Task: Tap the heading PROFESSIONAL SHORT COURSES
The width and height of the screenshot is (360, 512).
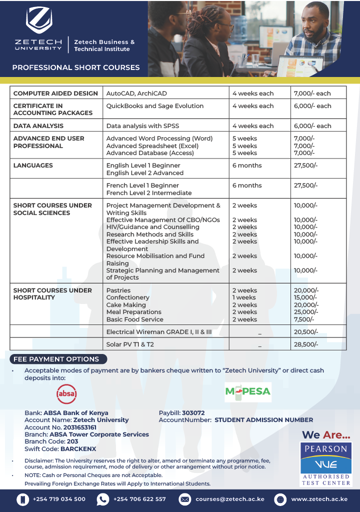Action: [x=76, y=67]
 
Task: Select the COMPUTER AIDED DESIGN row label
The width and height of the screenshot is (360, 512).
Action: [x=55, y=93]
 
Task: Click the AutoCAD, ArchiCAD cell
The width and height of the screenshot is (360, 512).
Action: [x=136, y=93]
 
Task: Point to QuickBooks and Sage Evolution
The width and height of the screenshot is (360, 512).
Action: [x=155, y=106]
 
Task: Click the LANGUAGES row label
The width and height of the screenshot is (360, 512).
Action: [x=33, y=165]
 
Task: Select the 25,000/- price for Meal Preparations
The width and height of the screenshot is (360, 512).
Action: [x=306, y=312]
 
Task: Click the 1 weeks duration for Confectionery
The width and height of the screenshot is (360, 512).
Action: [x=244, y=297]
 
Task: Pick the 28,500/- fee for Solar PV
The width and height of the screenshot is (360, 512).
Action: [x=306, y=344]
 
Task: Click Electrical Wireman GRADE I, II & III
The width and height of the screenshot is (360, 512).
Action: [x=159, y=332]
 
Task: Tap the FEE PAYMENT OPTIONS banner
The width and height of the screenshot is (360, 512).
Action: [x=56, y=359]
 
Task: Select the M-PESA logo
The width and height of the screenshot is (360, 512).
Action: [x=247, y=391]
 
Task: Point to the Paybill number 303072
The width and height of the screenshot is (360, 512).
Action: [x=193, y=413]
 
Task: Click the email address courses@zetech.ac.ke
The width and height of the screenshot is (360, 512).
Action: [x=229, y=499]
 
